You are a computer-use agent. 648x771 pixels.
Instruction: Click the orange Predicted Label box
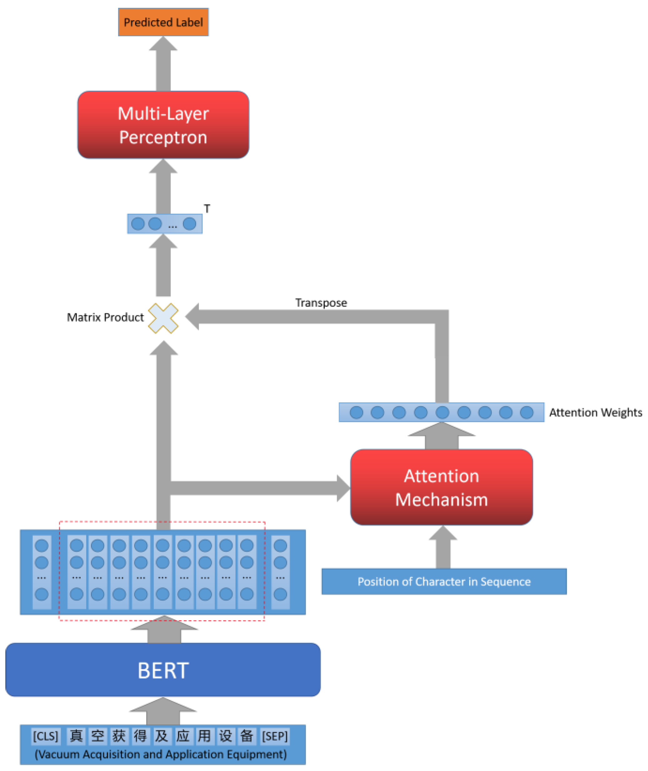coord(163,22)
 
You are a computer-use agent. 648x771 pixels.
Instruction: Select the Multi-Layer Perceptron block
coord(163,125)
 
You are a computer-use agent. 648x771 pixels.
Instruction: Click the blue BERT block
coord(163,670)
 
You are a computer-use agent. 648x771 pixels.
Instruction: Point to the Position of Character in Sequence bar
coord(444,582)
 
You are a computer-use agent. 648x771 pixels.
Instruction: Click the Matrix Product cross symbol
coord(163,318)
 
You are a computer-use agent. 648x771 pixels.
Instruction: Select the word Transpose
coord(321,303)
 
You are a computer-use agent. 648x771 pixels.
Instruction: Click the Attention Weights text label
coord(595,412)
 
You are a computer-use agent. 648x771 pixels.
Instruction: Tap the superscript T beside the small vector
coord(207,209)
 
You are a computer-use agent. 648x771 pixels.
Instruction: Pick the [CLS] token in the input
coord(46,736)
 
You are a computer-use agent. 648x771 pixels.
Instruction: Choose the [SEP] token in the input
coord(275,736)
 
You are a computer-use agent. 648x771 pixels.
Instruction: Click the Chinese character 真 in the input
coord(76,736)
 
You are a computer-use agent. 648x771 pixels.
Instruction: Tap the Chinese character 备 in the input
coord(247,736)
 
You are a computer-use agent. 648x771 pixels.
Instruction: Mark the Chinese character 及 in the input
coord(162,736)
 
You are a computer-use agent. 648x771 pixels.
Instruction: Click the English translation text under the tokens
coord(161,754)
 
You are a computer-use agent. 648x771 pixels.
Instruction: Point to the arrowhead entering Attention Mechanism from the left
coord(344,488)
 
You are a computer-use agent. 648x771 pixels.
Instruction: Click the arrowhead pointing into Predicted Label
coord(163,43)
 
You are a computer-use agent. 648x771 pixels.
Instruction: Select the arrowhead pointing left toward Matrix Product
coord(192,317)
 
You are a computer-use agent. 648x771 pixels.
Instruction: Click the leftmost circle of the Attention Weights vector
coord(356,412)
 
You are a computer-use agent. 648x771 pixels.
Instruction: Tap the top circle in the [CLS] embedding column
coord(42,546)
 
